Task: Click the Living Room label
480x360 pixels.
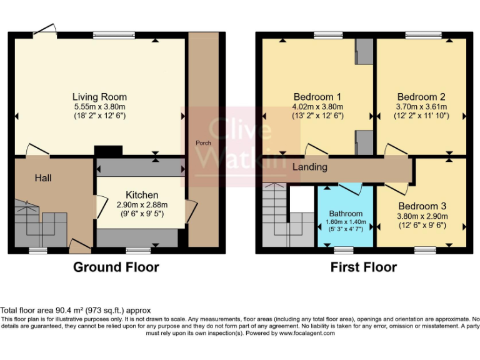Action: (99, 97)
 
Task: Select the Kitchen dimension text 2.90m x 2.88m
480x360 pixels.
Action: (142, 205)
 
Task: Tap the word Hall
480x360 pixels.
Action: (43, 178)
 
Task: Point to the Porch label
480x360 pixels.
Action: (203, 143)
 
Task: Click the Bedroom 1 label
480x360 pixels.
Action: (317, 97)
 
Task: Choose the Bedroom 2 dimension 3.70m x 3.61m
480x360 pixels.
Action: (421, 107)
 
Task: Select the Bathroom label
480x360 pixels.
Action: (346, 214)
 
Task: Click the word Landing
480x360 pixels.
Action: (310, 167)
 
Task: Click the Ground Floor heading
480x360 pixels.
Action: (116, 267)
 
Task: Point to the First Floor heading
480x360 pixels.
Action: (364, 267)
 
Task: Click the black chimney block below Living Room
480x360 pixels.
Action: (107, 151)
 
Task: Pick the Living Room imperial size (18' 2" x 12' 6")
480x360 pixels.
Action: (99, 116)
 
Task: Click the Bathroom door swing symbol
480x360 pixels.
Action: (347, 189)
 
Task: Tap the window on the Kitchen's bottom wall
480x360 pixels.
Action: (138, 251)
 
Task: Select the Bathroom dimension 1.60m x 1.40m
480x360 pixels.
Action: (346, 221)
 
